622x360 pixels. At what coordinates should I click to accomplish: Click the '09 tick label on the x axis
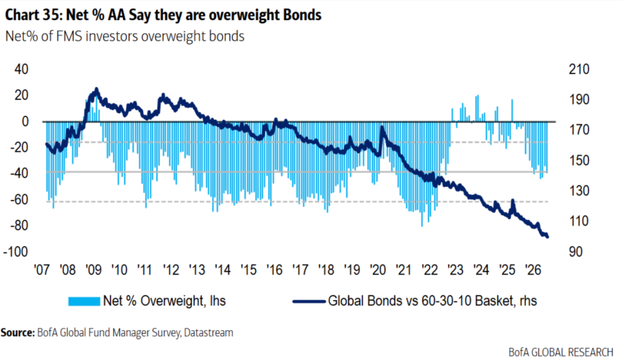[x=94, y=270]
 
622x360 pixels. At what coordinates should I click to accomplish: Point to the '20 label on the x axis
[x=378, y=270]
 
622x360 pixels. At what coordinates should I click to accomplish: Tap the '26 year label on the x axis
[x=533, y=270]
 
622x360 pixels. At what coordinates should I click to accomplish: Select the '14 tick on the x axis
[x=222, y=270]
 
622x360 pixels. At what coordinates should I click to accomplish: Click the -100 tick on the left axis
[x=16, y=252]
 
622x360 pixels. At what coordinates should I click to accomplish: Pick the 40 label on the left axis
[x=21, y=70]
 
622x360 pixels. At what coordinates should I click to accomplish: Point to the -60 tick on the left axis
[x=19, y=200]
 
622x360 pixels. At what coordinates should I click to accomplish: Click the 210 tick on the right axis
[x=579, y=70]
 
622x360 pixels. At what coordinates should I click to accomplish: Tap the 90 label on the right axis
[x=575, y=252]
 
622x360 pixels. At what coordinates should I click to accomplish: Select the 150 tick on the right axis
[x=579, y=161]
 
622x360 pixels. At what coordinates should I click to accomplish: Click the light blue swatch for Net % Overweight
[x=84, y=302]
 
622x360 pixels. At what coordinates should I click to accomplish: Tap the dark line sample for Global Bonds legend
[x=309, y=302]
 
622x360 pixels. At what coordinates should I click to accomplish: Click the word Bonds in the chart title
[x=302, y=15]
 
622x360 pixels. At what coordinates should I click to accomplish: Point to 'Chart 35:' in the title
[x=34, y=15]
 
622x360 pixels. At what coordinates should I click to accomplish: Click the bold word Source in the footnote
[x=17, y=332]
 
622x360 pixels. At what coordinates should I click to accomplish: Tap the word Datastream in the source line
[x=208, y=332]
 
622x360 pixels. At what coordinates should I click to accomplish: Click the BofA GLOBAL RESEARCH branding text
[x=561, y=352]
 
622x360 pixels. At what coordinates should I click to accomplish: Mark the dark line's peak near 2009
[x=96, y=89]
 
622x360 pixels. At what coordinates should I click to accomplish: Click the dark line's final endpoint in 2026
[x=548, y=237]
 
